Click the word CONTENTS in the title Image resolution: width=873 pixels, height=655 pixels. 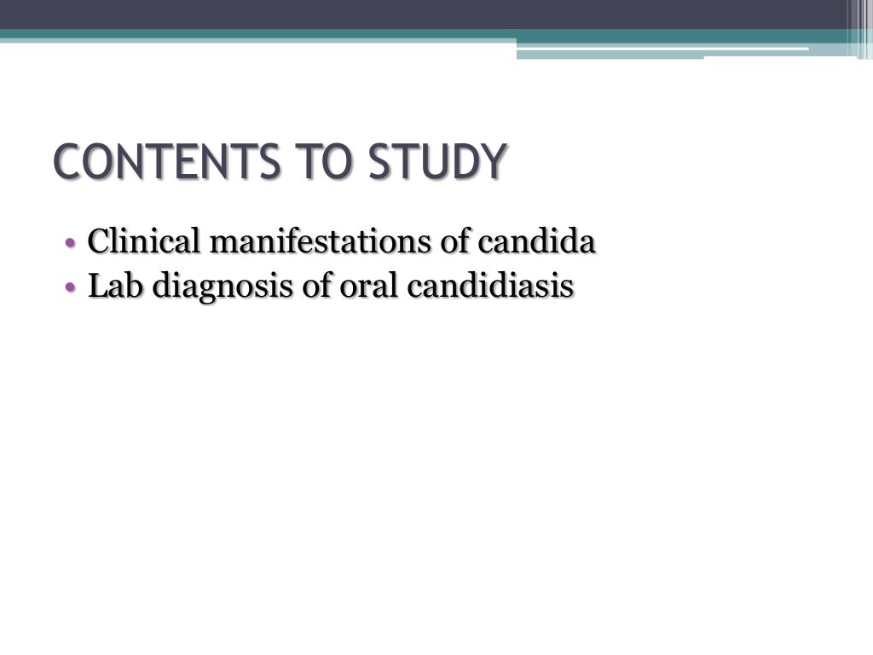(155, 163)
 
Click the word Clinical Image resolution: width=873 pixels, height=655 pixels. (143, 243)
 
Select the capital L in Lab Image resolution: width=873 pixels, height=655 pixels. (95, 287)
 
